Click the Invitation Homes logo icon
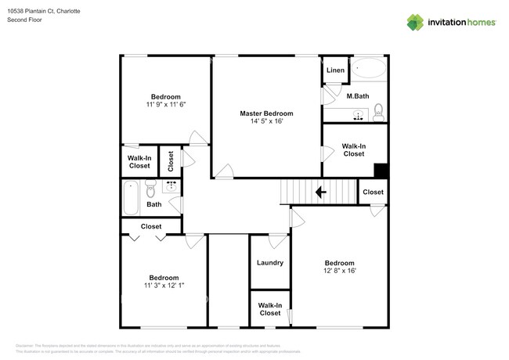tap(415, 22)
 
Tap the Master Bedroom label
tap(266, 113)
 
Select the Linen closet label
tap(335, 70)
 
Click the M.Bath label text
tap(357, 96)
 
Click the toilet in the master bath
tap(378, 112)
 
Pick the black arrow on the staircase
tap(320, 192)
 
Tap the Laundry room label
tap(269, 263)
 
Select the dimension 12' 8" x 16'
tap(340, 271)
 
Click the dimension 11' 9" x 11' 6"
tap(165, 104)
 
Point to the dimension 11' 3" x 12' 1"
tap(164, 286)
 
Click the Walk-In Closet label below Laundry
tap(269, 309)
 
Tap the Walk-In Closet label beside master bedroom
tap(353, 150)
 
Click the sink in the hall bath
tap(171, 186)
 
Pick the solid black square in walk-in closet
tap(381, 171)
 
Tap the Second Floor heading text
tap(24, 20)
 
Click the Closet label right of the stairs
tap(373, 192)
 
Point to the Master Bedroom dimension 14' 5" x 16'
tap(266, 122)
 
